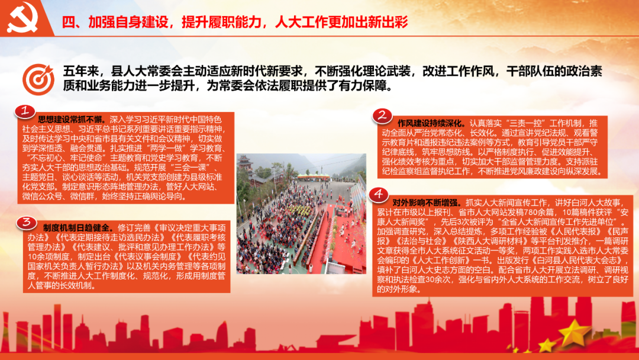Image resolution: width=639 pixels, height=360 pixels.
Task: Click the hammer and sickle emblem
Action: point(23,17)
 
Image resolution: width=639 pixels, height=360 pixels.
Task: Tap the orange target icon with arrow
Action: point(38,79)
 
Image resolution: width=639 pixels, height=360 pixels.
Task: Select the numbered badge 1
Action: point(25,111)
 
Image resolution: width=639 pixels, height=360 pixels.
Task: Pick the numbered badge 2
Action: point(382,116)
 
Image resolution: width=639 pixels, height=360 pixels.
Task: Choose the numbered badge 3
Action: point(27,223)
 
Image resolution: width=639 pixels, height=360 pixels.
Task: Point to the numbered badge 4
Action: point(378,194)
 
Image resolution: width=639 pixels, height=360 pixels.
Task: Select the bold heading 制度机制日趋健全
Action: point(76,227)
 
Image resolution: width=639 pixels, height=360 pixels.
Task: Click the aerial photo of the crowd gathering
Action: point(301,214)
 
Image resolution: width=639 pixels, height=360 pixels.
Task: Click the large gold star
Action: point(574,332)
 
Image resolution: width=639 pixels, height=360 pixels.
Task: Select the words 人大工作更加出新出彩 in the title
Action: point(341,22)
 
